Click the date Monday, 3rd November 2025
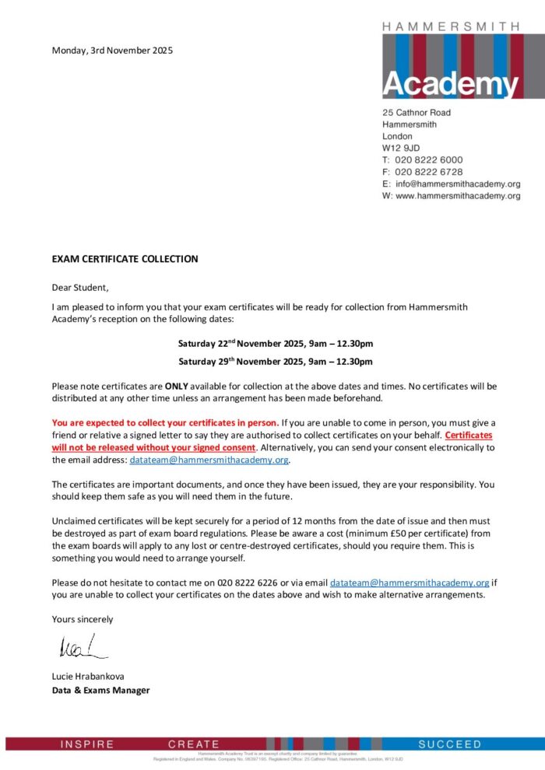(112, 51)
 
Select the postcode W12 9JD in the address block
(401, 148)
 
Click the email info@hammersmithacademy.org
(457, 184)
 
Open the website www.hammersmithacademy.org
(457, 197)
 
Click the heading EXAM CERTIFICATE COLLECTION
(125, 259)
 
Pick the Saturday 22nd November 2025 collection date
(275, 343)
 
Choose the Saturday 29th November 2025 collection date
(275, 362)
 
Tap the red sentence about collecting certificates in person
(165, 423)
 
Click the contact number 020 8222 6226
(239, 583)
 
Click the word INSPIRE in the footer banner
(87, 744)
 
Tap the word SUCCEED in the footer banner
(450, 744)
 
